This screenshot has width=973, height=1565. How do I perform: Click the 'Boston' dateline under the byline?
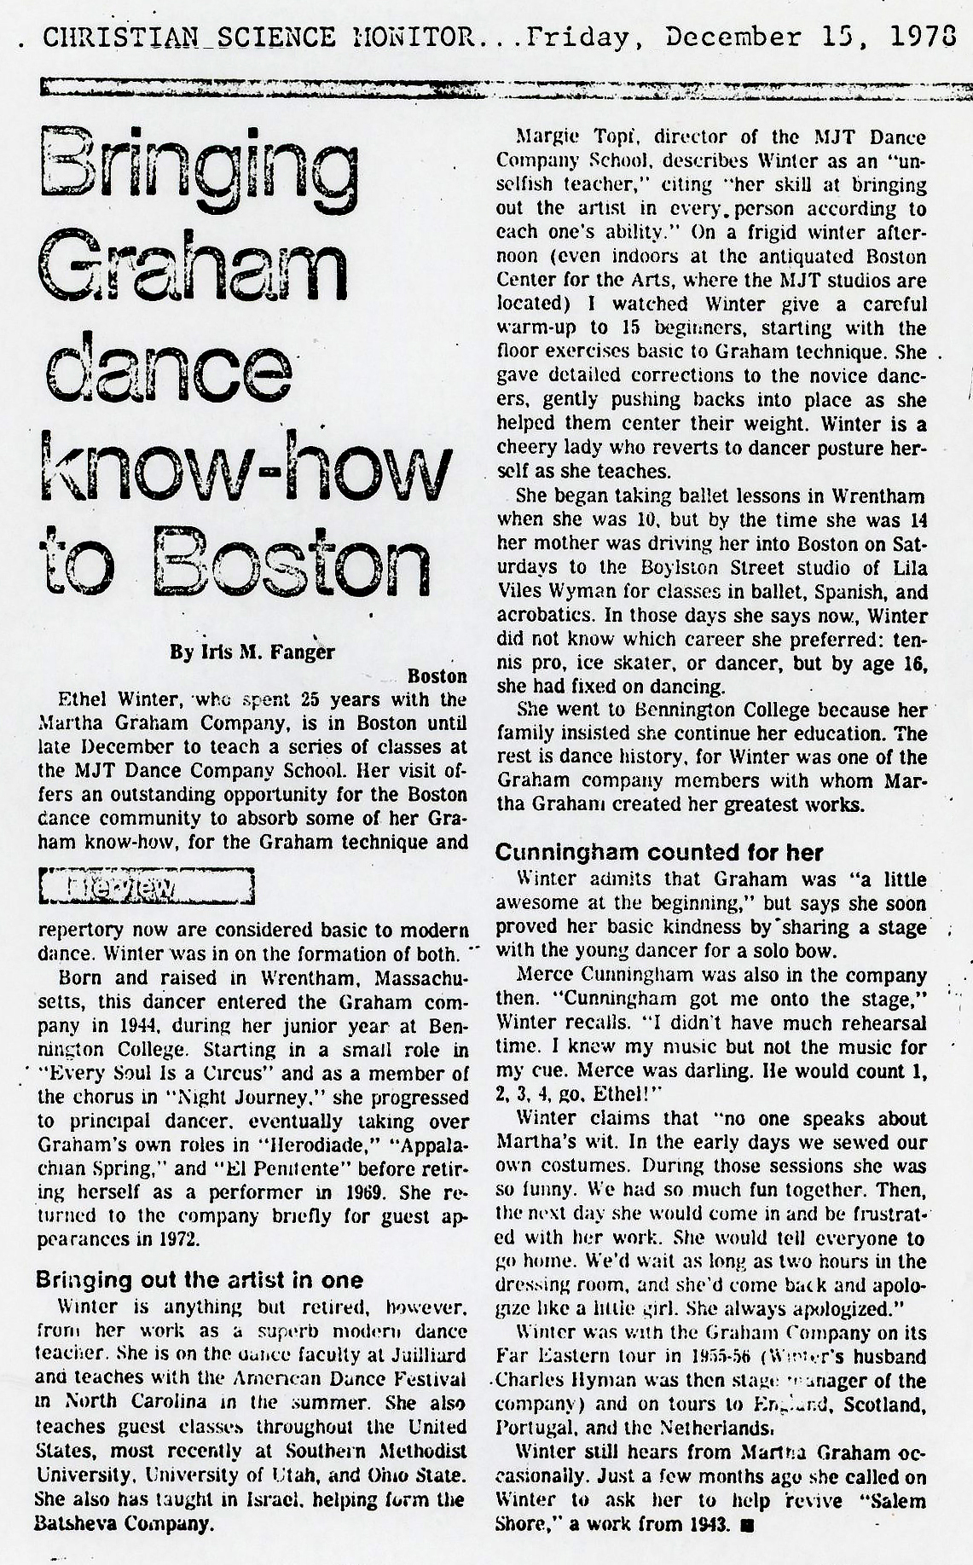(437, 676)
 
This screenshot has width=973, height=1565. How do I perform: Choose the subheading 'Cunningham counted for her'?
(659, 851)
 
